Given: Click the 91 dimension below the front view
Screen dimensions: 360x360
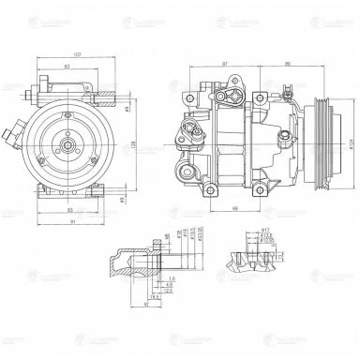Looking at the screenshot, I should (x=72, y=221).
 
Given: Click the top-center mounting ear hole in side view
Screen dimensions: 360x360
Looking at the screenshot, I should (x=265, y=87).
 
